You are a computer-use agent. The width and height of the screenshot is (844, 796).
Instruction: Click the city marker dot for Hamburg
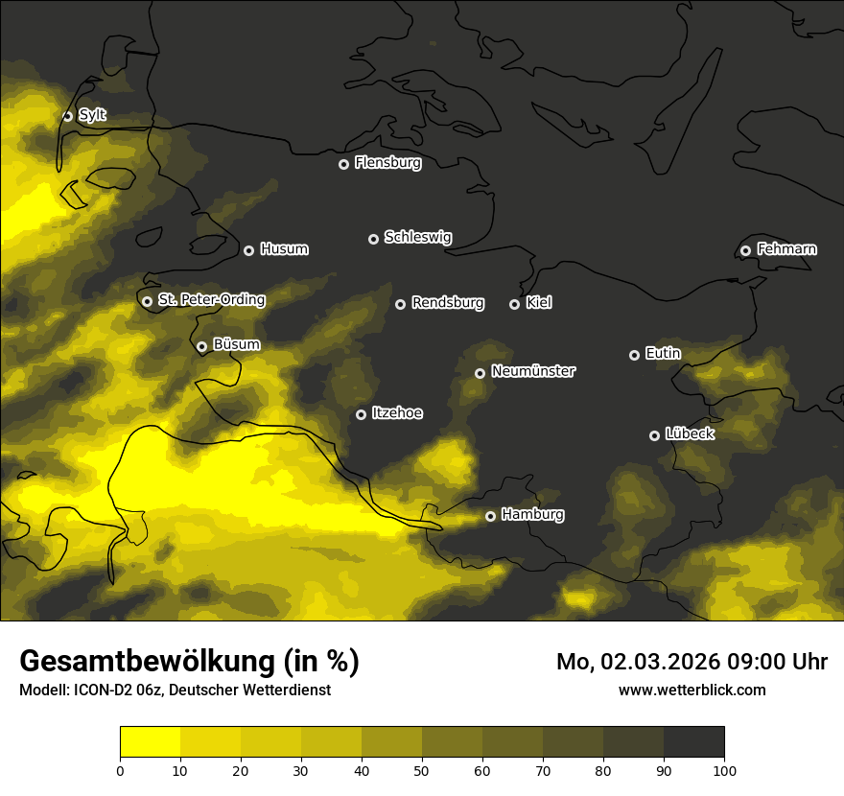click(x=490, y=516)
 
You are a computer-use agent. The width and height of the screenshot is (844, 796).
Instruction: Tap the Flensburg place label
click(x=387, y=163)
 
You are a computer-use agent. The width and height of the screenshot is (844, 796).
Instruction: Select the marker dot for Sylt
click(x=68, y=116)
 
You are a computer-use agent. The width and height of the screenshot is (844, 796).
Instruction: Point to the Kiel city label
click(x=538, y=303)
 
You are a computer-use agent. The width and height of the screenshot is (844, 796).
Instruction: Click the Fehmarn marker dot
click(x=745, y=250)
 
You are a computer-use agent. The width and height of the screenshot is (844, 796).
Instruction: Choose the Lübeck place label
click(x=690, y=434)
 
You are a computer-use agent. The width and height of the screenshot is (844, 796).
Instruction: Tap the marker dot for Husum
click(x=248, y=250)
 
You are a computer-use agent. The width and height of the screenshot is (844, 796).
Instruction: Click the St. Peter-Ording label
click(x=211, y=300)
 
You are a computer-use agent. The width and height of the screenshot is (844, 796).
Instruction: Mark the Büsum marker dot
click(x=201, y=347)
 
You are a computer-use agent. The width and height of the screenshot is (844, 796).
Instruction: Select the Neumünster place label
click(x=532, y=372)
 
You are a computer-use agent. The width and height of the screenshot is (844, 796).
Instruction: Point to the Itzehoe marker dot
click(x=361, y=414)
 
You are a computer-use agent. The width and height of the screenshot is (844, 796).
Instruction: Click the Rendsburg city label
click(x=447, y=303)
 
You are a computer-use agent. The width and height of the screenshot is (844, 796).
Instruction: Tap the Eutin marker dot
click(x=634, y=355)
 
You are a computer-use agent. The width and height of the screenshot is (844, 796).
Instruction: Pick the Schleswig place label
click(x=417, y=238)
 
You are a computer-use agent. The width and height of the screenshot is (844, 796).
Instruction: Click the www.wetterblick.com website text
click(x=692, y=690)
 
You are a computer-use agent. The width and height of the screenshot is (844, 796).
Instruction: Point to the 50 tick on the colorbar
click(x=422, y=769)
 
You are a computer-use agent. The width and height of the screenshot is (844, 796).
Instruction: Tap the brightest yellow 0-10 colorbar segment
click(x=150, y=742)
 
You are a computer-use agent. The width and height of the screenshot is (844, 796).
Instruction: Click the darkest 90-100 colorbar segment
click(x=693, y=742)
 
